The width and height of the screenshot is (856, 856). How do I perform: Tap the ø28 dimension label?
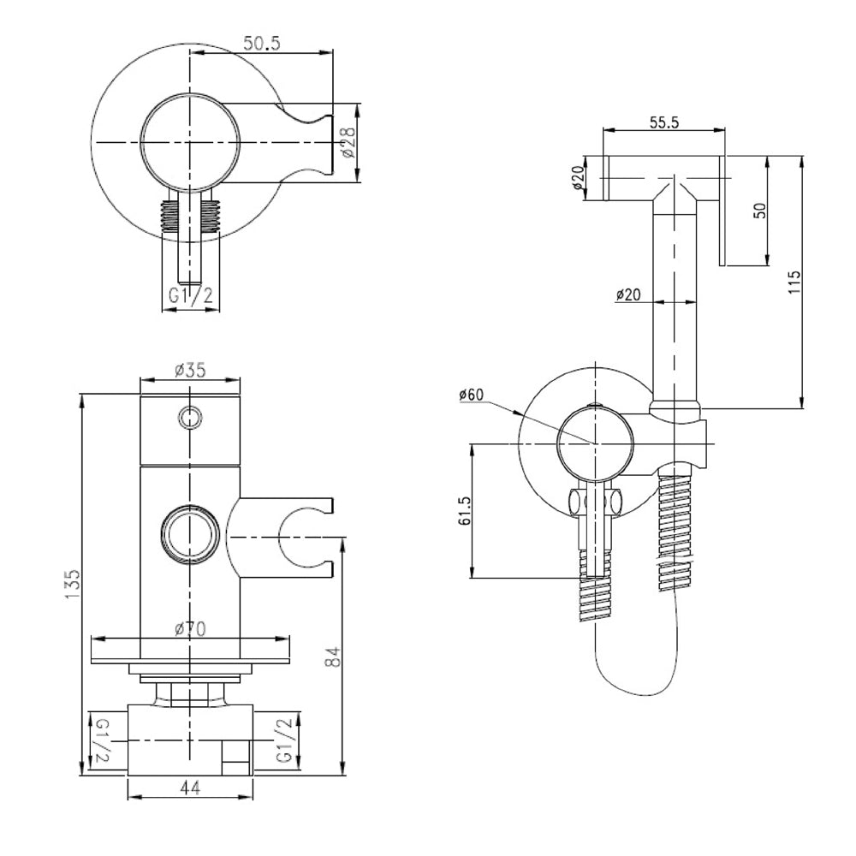(x=348, y=143)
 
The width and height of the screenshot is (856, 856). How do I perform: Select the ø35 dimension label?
(x=190, y=371)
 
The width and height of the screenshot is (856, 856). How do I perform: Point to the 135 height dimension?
(x=74, y=584)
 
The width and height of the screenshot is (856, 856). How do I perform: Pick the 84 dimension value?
(x=336, y=657)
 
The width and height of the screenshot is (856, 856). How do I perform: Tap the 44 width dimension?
(x=190, y=789)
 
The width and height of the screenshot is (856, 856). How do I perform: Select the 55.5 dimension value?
(x=664, y=122)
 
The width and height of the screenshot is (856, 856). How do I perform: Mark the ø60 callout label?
(x=473, y=395)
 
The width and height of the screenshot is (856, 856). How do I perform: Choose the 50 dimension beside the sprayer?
(x=758, y=211)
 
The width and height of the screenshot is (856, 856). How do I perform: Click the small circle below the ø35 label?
(x=190, y=417)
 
